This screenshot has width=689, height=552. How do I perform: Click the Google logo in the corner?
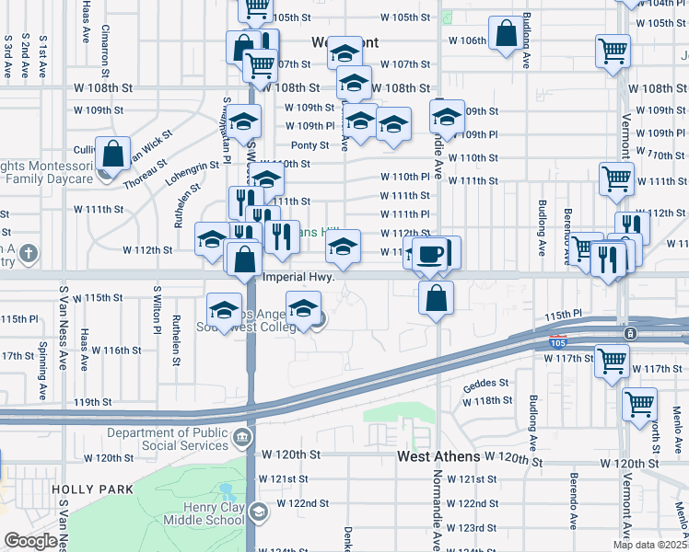point(29,542)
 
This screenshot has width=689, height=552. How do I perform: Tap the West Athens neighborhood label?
point(438,456)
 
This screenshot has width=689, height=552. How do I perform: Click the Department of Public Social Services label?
point(167,440)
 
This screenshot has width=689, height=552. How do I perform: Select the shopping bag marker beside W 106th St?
point(507,35)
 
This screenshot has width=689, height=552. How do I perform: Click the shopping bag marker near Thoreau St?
point(112,154)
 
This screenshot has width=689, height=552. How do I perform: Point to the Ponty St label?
point(309,145)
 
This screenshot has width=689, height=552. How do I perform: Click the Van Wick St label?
point(146,148)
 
